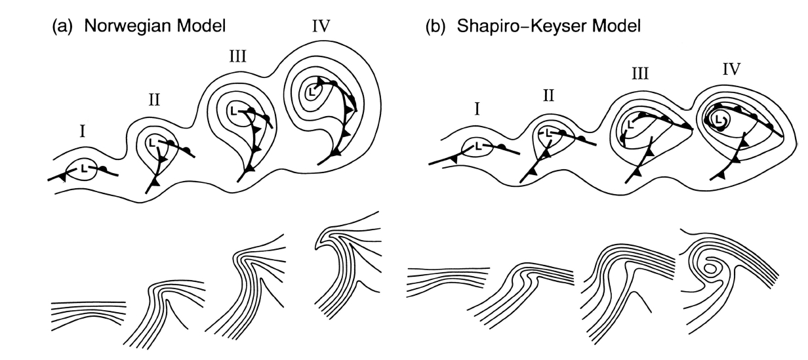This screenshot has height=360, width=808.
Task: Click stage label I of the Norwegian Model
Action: tap(83, 131)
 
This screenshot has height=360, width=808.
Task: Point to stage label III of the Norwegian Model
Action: tap(237, 56)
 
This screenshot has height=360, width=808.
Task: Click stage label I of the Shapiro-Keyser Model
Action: tap(477, 110)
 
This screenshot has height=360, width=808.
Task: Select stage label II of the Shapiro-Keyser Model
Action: tap(549, 96)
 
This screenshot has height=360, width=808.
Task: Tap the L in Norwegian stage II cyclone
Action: tap(153, 141)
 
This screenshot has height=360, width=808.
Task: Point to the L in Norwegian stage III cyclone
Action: tap(234, 110)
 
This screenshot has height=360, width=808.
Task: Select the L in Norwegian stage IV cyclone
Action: tap(312, 91)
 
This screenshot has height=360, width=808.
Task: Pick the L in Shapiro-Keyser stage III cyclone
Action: tap(631, 123)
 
